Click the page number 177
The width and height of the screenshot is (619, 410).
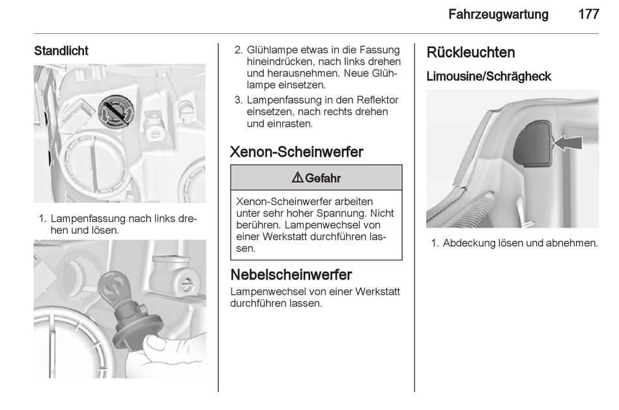(x=588, y=14)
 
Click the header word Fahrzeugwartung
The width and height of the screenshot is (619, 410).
(x=498, y=14)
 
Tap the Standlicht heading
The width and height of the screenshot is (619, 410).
(x=61, y=51)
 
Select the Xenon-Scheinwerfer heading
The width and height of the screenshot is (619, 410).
(x=296, y=152)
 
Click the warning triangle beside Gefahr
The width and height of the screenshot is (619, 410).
(x=297, y=178)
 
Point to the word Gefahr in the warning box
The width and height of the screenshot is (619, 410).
(x=323, y=178)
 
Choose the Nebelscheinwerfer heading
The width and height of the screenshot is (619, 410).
(x=291, y=275)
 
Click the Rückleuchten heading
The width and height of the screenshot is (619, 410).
(x=470, y=53)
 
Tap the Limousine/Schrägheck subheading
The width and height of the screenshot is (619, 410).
(x=489, y=77)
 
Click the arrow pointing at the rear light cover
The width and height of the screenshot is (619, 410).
(x=567, y=142)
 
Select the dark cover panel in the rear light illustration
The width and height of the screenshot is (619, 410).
(x=532, y=143)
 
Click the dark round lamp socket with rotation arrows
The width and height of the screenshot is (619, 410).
(x=116, y=111)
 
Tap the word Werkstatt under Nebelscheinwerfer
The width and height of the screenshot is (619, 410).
(x=377, y=292)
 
